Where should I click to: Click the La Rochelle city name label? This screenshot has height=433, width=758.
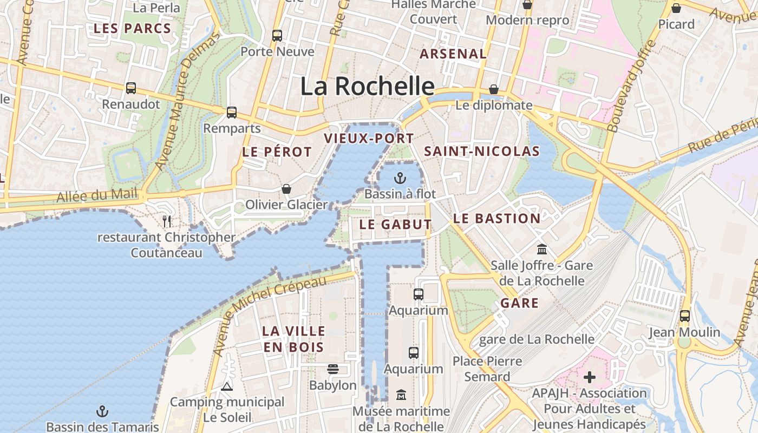(x=367, y=86)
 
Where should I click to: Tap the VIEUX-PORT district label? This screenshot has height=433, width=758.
(x=369, y=139)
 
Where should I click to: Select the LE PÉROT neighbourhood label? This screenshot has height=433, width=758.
(x=277, y=152)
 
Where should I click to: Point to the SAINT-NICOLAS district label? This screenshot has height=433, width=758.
(x=482, y=152)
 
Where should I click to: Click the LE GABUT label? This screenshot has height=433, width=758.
(x=395, y=224)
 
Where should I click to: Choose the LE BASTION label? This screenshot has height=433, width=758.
(x=496, y=219)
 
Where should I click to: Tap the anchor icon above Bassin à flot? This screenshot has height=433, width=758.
(x=400, y=178)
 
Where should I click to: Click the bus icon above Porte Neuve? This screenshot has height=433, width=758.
(x=277, y=36)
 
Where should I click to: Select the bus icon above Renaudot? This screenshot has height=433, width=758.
(x=130, y=88)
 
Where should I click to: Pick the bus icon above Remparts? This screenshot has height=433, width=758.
(x=232, y=113)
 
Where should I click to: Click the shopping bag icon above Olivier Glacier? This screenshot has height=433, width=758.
(x=286, y=189)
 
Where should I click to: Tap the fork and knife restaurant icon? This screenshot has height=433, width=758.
(x=167, y=221)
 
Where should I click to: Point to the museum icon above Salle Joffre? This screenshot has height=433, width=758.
(x=541, y=250)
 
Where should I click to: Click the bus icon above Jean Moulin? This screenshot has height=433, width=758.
(x=685, y=316)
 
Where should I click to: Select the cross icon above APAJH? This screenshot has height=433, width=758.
(x=590, y=377)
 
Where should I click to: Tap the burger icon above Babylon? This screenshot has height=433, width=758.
(x=332, y=369)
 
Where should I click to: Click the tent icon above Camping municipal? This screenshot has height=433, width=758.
(x=227, y=386)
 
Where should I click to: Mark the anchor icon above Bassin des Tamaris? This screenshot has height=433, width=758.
(x=102, y=411)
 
